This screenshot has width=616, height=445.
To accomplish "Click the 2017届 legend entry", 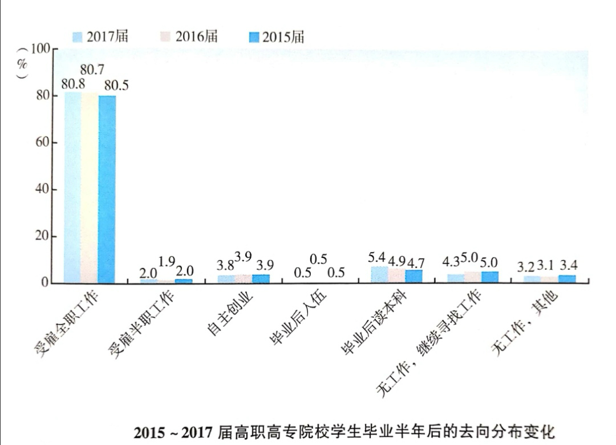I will pyautogui.click(x=100, y=37).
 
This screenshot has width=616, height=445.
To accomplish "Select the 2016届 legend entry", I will pyautogui.click(x=189, y=37).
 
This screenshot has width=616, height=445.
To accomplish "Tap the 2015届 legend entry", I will pyautogui.click(x=277, y=37).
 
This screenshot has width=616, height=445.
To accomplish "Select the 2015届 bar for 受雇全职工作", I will pyautogui.click(x=107, y=189).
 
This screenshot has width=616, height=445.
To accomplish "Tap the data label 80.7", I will pyautogui.click(x=92, y=70).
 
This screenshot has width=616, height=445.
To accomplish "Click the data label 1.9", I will pyautogui.click(x=167, y=262).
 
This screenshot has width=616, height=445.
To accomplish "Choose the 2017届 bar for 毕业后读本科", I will pyautogui.click(x=380, y=274).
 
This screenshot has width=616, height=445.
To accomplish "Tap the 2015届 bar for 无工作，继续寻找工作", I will pyautogui.click(x=489, y=277).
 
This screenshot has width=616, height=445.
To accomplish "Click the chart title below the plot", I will pyautogui.click(x=343, y=431).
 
